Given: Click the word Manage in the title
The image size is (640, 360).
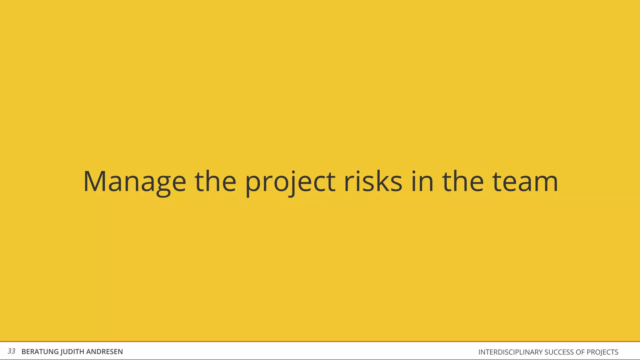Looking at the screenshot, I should pos(135,182).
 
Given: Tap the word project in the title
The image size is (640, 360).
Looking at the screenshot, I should pos(290,182).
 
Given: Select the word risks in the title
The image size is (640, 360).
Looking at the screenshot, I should pos(373,182).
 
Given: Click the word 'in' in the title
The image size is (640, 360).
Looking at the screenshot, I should pos(422,182).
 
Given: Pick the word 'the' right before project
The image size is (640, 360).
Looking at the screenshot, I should pos(215,182).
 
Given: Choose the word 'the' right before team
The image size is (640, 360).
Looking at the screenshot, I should pos(463,182).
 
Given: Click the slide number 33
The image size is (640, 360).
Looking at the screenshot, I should pos(11,351).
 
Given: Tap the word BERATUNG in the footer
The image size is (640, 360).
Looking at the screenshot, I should pos(40,352).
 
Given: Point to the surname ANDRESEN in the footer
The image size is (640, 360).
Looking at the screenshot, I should pos(104,352).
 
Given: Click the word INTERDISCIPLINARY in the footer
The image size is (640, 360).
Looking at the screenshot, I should pos(510,352).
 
